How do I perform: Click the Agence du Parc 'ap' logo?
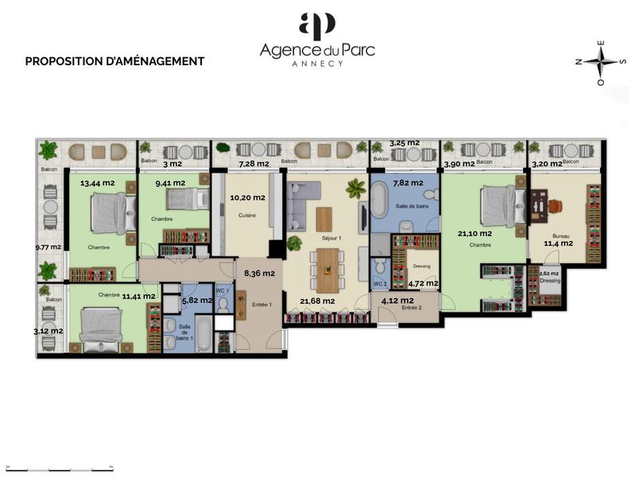pyautogui.click(x=317, y=25)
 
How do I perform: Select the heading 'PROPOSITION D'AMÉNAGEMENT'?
pyautogui.click(x=114, y=61)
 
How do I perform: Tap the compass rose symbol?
pyautogui.click(x=601, y=62)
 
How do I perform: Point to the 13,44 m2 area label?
pyautogui.click(x=97, y=183)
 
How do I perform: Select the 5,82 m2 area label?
pyautogui.click(x=196, y=301)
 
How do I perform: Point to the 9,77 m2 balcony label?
pyautogui.click(x=47, y=247)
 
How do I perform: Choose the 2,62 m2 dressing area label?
pyautogui.click(x=548, y=273)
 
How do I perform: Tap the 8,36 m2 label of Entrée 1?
pyautogui.click(x=258, y=273)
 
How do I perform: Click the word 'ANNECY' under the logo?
pyautogui.click(x=317, y=64)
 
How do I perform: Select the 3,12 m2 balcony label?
pyautogui.click(x=48, y=331)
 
